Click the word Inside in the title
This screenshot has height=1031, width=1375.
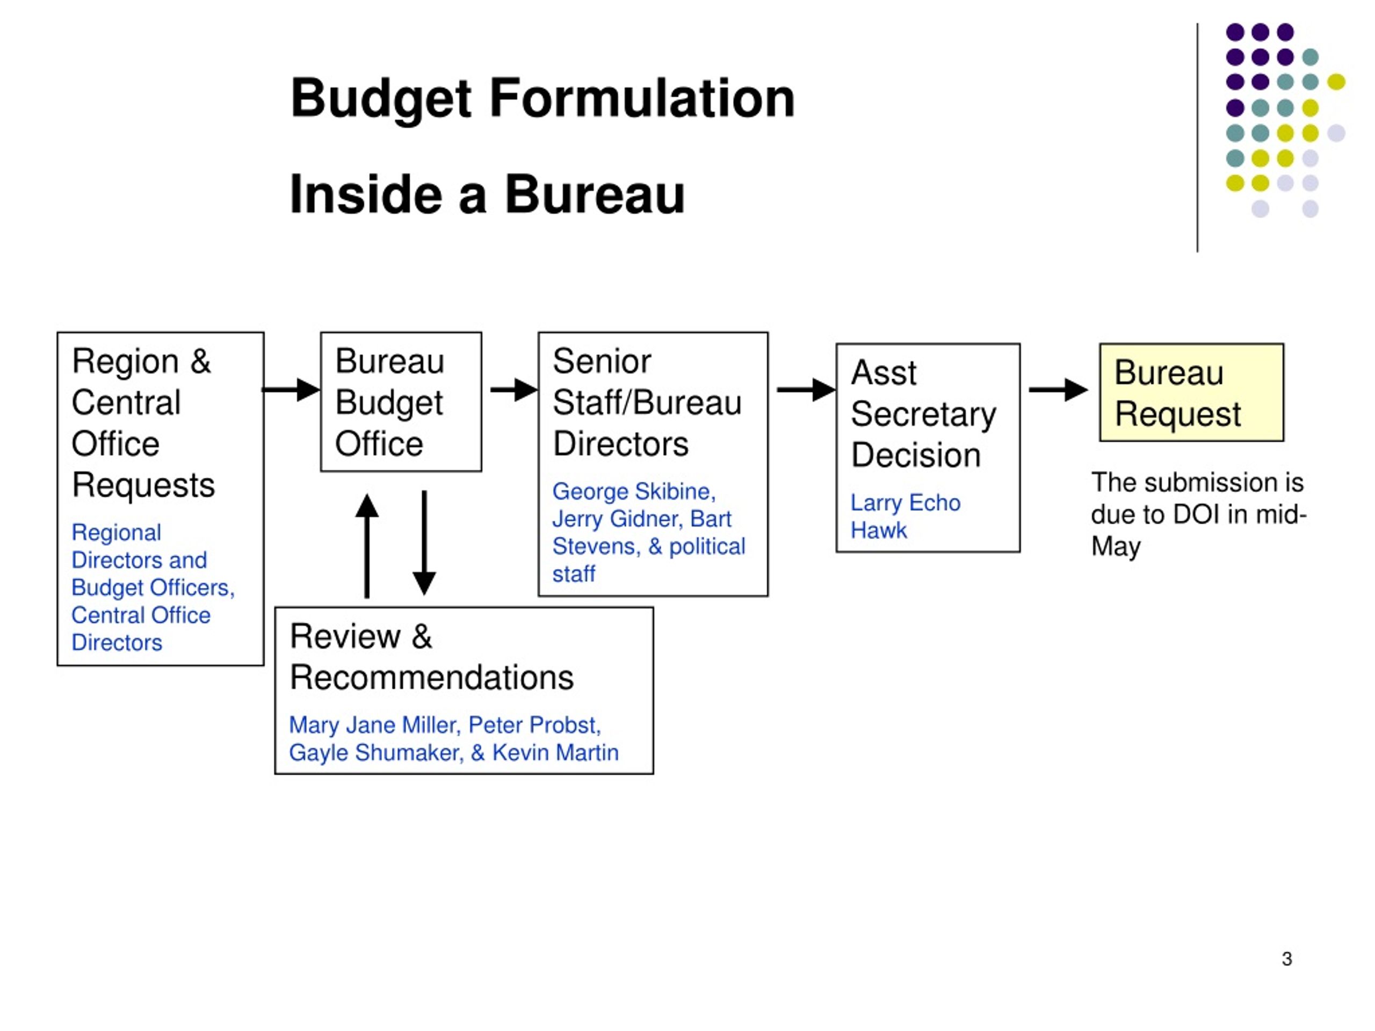(x=366, y=194)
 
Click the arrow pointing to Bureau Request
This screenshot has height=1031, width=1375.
(x=1058, y=390)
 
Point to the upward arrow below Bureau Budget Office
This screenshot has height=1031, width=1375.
(x=367, y=546)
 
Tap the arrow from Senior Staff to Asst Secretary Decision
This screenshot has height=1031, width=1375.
(x=806, y=390)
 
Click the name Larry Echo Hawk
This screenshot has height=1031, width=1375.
(x=905, y=516)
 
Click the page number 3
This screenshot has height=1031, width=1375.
(x=1287, y=959)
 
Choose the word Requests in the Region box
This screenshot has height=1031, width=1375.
(x=143, y=484)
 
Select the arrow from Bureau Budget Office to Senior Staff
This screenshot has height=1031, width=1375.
(x=514, y=390)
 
